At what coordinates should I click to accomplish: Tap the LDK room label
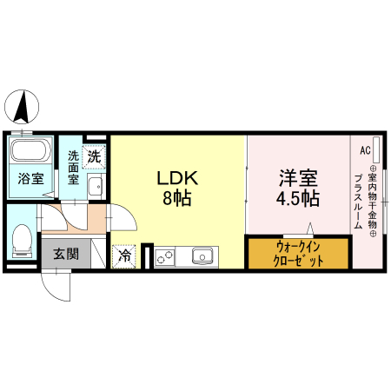click(177, 178)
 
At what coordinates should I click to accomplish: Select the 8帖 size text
click(177, 199)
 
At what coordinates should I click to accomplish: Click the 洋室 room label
click(298, 178)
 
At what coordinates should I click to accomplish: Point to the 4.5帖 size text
click(298, 199)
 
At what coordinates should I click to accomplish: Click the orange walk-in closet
click(299, 254)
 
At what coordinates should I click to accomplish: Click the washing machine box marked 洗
click(93, 157)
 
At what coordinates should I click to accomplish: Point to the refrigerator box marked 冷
click(124, 256)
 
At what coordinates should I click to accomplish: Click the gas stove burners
click(165, 257)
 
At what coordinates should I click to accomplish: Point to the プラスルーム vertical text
click(357, 202)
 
